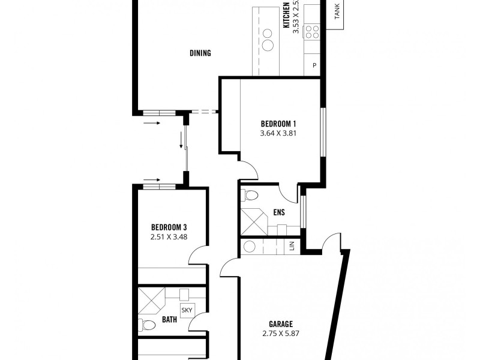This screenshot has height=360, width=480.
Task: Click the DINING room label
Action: (200, 53)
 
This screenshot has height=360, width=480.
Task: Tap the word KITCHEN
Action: (287, 15)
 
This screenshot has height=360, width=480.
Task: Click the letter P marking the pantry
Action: (314, 65)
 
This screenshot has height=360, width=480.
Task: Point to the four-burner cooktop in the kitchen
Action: (313, 31)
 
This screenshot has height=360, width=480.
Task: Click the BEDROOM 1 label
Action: (278, 124)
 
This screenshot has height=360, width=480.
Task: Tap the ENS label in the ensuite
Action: (278, 212)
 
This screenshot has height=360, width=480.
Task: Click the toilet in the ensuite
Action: (250, 195)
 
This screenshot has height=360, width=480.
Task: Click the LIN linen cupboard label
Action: (292, 247)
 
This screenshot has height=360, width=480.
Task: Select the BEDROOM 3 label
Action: (169, 227)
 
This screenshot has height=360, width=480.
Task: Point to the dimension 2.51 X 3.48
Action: (169, 238)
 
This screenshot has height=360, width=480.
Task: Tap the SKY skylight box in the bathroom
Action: (187, 310)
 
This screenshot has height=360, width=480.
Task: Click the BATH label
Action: (169, 320)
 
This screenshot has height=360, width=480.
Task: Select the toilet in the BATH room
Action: (147, 325)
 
